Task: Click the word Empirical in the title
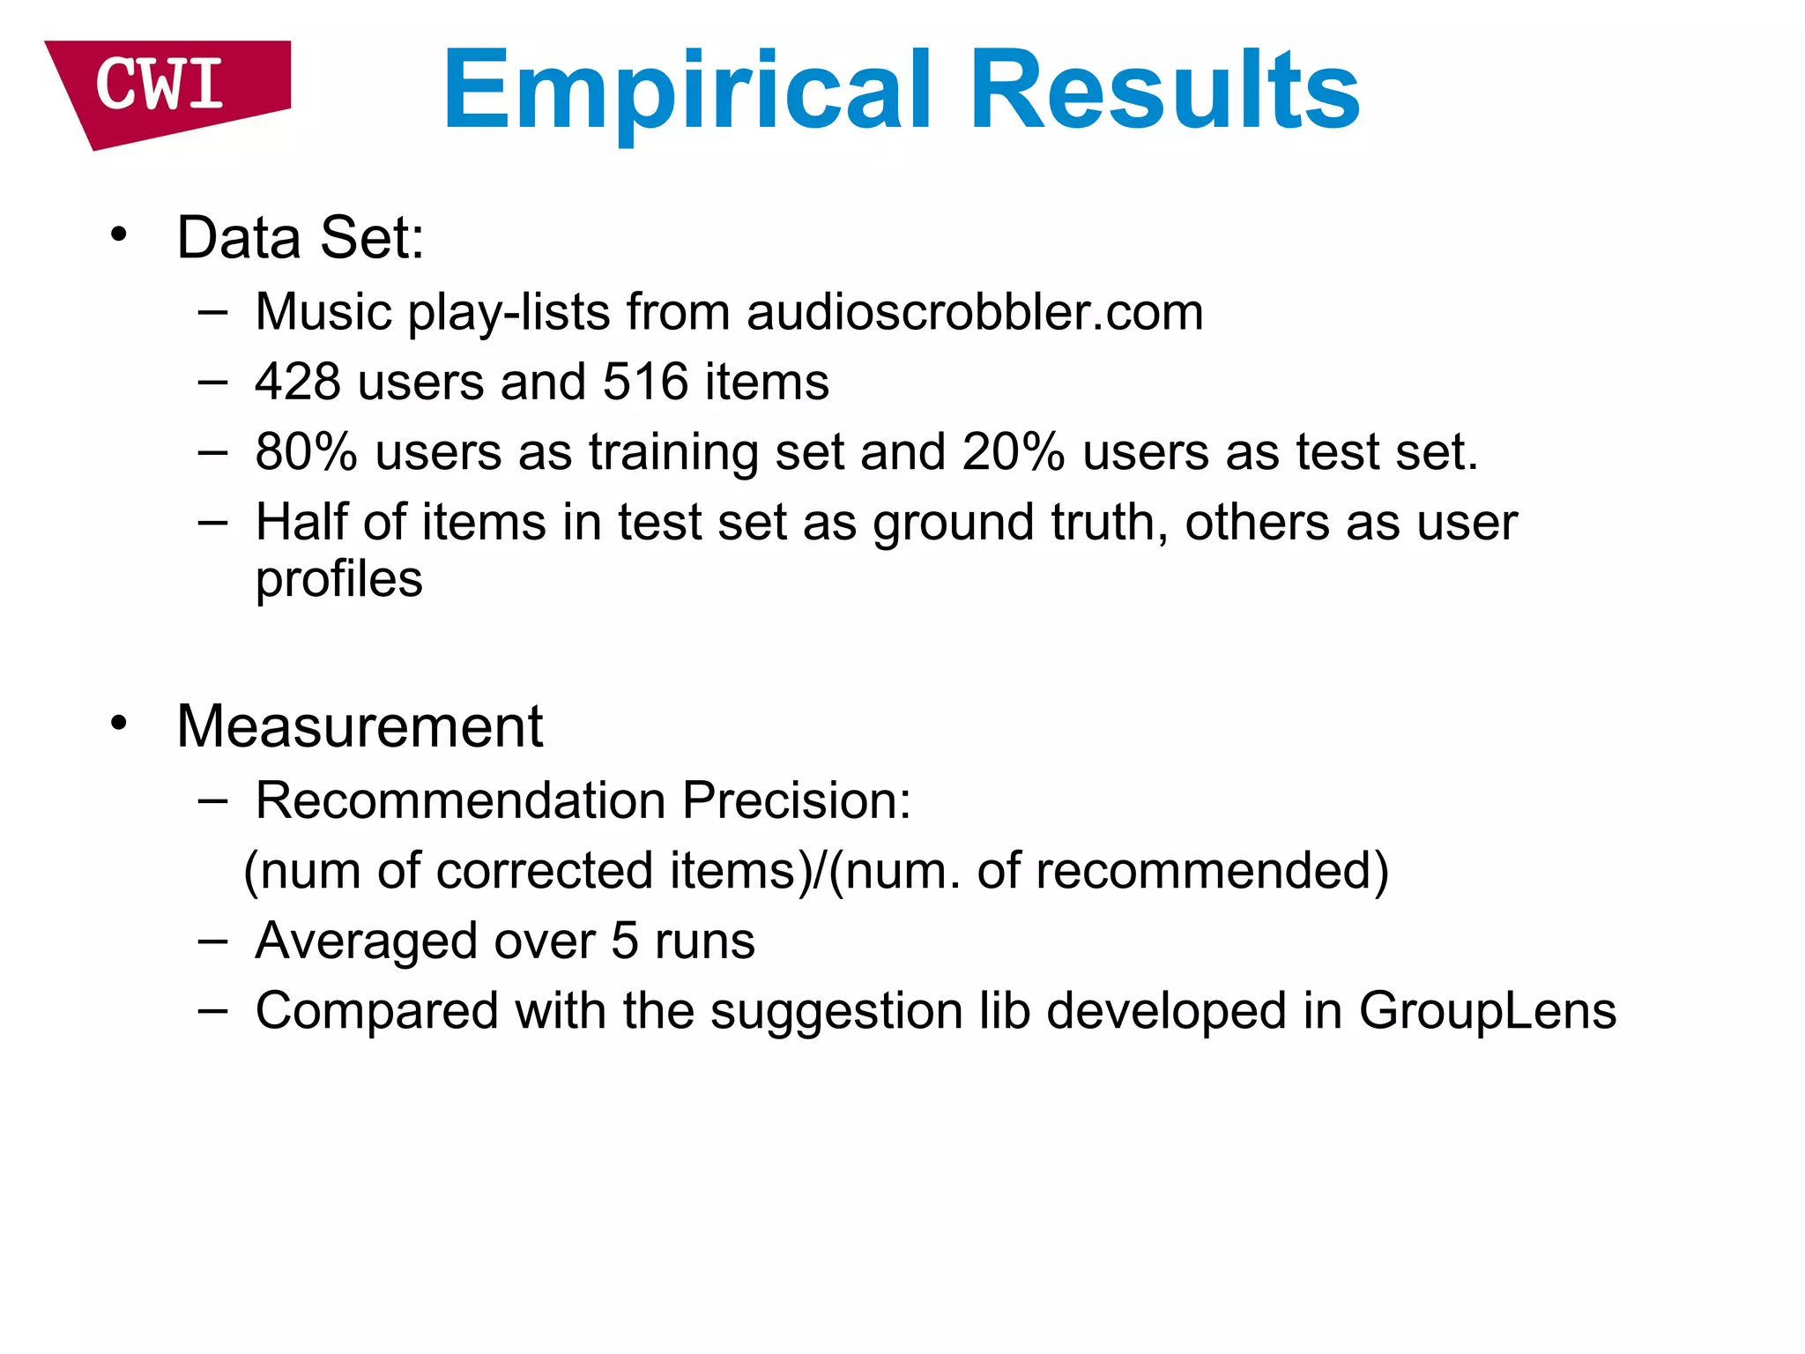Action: [x=687, y=91]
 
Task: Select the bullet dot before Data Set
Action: [x=119, y=235]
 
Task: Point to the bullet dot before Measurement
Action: [x=119, y=724]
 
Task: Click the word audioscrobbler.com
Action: [x=975, y=312]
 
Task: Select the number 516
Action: [x=645, y=382]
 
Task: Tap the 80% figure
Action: [x=306, y=451]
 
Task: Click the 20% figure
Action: [x=1014, y=451]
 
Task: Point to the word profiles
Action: [x=339, y=579]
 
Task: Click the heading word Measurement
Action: [x=360, y=726]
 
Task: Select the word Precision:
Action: [x=797, y=800]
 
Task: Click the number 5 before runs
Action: [x=624, y=941]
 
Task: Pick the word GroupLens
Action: [x=1488, y=1010]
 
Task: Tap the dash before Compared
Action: [x=212, y=1010]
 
